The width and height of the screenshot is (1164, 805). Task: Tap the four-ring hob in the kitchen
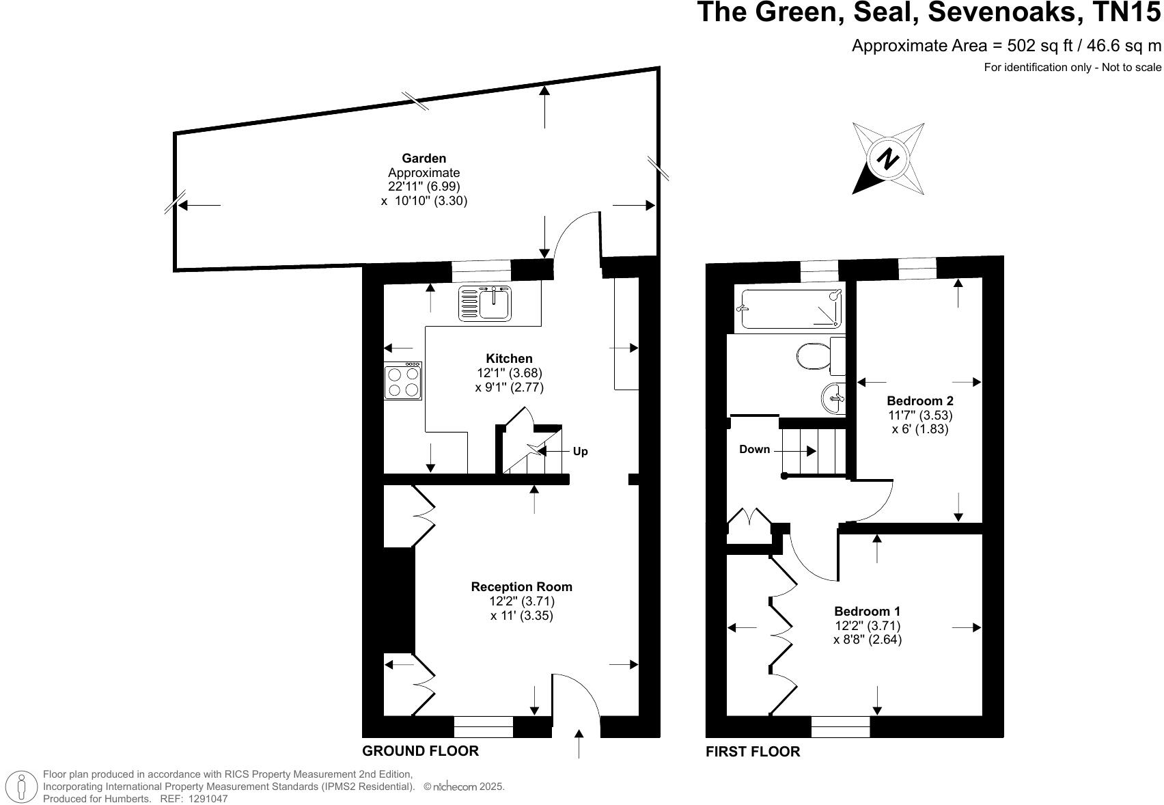pyautogui.click(x=402, y=381)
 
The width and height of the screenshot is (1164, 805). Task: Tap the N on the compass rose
pyautogui.click(x=888, y=159)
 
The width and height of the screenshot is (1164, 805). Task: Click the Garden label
pyautogui.click(x=424, y=159)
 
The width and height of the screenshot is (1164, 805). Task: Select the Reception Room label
pyautogui.click(x=521, y=586)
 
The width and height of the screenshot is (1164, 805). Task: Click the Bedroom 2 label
pyautogui.click(x=919, y=400)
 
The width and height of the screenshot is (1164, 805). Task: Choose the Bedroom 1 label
pyautogui.click(x=867, y=611)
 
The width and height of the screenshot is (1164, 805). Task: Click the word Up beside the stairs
pyautogui.click(x=580, y=452)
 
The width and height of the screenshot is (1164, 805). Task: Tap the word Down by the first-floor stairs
pyautogui.click(x=754, y=449)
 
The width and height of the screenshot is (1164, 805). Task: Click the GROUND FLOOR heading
pyautogui.click(x=420, y=751)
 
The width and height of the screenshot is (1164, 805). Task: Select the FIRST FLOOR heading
pyautogui.click(x=752, y=752)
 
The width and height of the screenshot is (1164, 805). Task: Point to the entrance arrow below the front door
pyautogui.click(x=579, y=743)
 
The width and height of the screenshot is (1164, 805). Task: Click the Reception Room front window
pyautogui.click(x=483, y=726)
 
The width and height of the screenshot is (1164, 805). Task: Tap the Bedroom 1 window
pyautogui.click(x=840, y=726)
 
